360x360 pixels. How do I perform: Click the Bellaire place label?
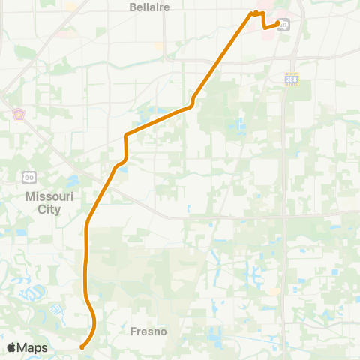(x=149, y=7)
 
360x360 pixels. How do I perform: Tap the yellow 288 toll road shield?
(x=291, y=79)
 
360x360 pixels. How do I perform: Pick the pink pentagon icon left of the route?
(x=18, y=115)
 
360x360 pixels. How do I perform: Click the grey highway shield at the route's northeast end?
(x=284, y=24)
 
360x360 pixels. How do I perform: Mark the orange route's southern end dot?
(x=81, y=346)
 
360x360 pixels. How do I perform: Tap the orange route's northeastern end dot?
(x=278, y=25)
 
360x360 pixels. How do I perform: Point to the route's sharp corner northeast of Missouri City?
(x=126, y=136)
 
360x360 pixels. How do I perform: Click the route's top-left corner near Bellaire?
(x=251, y=13)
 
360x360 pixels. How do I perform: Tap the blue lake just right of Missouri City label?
(x=73, y=181)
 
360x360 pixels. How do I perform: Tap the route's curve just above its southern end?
(x=94, y=319)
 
